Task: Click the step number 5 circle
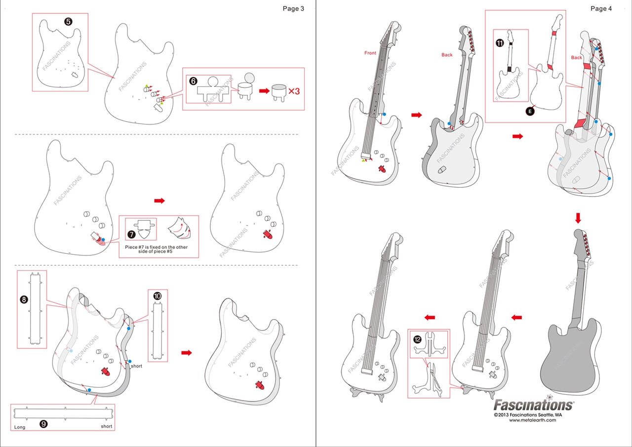(x=68, y=21)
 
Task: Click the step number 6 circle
(x=193, y=81)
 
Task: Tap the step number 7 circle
(x=132, y=229)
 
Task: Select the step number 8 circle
(x=24, y=299)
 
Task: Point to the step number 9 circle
(x=43, y=424)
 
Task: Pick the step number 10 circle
(x=158, y=296)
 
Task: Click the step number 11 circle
(x=500, y=43)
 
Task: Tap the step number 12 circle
(x=417, y=339)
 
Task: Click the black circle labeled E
(x=530, y=112)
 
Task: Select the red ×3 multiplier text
(x=294, y=91)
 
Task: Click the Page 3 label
(x=293, y=8)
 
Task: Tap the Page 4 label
(x=601, y=8)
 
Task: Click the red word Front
(x=370, y=53)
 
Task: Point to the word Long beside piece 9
(x=20, y=427)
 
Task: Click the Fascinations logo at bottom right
(x=534, y=405)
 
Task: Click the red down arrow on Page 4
(x=578, y=218)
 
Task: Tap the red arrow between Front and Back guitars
(x=417, y=115)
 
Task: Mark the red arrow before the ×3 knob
(x=265, y=91)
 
